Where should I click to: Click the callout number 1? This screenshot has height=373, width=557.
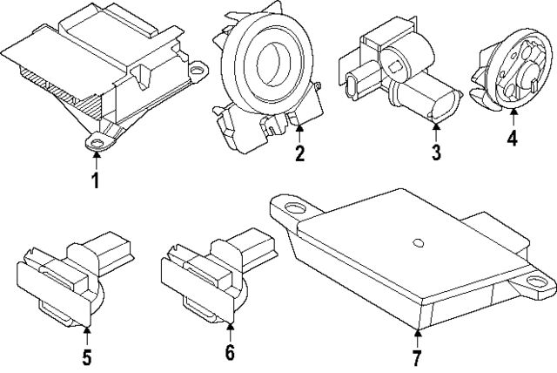point(96,181)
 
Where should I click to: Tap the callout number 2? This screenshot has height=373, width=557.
point(299,155)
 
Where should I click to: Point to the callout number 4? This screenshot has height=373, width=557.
point(513,138)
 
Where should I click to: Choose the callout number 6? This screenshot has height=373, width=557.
point(230,353)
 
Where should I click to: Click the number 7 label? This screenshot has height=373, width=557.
point(417,357)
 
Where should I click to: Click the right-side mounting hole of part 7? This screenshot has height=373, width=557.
point(529,281)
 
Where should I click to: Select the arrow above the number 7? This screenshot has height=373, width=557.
point(417,335)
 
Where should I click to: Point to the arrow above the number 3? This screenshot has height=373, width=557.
point(435,132)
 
